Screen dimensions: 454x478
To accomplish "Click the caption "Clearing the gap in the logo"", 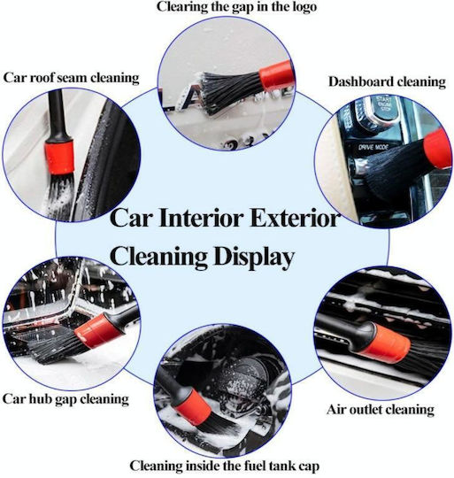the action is (x=237, y=7).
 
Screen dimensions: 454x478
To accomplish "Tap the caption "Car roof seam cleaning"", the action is (x=72, y=77).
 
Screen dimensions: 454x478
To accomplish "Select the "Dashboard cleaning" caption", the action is (x=387, y=82).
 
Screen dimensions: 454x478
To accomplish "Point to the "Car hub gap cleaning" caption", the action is (x=65, y=399).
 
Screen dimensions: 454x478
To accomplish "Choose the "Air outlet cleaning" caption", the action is (x=381, y=410).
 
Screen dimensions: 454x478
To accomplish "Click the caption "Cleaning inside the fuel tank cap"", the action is (x=225, y=466).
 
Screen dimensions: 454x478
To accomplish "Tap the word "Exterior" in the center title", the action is (x=295, y=218).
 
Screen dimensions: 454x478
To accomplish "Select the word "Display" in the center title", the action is (x=253, y=258).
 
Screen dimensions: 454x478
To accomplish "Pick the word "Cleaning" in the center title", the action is (x=158, y=258).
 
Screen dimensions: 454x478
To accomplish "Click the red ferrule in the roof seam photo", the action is (x=59, y=157).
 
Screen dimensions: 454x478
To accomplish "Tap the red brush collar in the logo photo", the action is (x=276, y=75).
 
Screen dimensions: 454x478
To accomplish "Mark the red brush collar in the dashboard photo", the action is (x=438, y=149).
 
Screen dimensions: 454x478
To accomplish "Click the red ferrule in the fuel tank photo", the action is (x=192, y=406).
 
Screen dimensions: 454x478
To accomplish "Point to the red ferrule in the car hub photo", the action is (x=96, y=331).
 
